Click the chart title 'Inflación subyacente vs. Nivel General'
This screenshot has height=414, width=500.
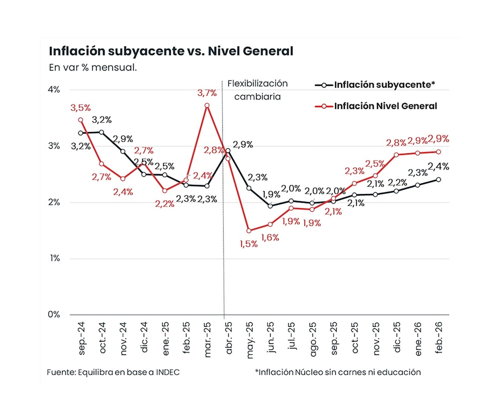[171, 51]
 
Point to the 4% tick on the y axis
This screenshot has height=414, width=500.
[54, 90]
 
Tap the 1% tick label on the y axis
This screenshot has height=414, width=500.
[54, 259]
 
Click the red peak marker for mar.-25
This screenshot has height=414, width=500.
[207, 105]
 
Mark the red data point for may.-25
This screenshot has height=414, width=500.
[249, 230]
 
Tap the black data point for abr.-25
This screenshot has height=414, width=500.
[228, 150]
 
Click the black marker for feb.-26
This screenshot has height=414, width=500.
[439, 180]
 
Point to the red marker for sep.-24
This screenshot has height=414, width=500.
[81, 120]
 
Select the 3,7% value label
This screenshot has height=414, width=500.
[207, 93]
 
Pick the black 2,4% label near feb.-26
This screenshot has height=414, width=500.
[439, 167]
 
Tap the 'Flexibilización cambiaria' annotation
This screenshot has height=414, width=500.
[258, 90]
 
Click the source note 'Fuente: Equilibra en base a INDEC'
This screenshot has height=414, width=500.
[113, 372]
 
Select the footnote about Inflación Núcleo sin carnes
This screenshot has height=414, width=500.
[338, 372]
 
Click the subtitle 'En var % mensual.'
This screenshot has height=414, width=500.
[93, 68]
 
